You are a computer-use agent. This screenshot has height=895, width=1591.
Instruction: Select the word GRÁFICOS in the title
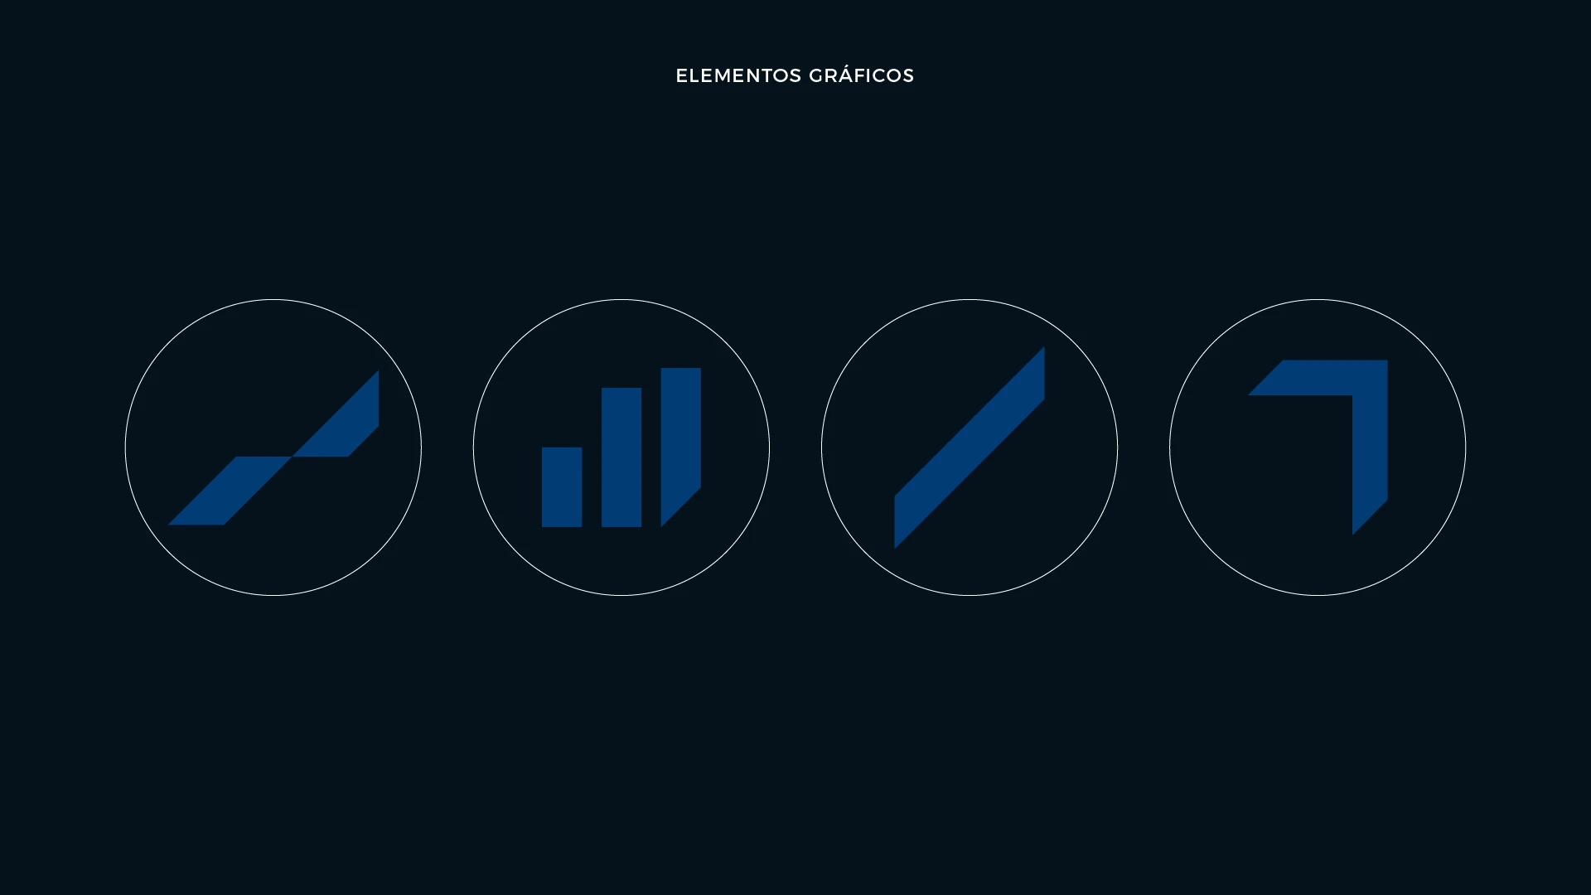coord(861,75)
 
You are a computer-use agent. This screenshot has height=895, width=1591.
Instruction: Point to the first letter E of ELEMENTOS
coord(682,75)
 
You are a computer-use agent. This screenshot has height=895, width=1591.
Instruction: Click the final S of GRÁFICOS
coord(907,75)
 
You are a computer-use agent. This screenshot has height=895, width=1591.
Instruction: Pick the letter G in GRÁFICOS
coord(816,75)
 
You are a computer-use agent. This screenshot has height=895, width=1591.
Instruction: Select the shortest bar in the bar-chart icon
coord(562,487)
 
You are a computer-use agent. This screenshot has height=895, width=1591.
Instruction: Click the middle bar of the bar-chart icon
coord(621,457)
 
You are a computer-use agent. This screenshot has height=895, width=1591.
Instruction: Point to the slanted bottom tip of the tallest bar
coord(661,526)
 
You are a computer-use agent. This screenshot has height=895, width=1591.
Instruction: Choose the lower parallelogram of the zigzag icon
coord(230,491)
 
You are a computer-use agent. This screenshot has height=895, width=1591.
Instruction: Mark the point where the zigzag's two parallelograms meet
coord(292,457)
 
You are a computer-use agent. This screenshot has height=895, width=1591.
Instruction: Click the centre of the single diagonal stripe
coord(970,447)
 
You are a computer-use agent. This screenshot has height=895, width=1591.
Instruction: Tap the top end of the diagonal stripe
coord(1044,347)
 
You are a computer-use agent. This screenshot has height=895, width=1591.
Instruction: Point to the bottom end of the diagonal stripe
coord(895,548)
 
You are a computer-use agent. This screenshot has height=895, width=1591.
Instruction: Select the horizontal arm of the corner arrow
coord(1318,378)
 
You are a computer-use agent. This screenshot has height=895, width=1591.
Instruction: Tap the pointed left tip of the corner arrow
coord(1250,394)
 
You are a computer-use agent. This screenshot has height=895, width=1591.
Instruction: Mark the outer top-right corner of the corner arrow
coord(1387,361)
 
